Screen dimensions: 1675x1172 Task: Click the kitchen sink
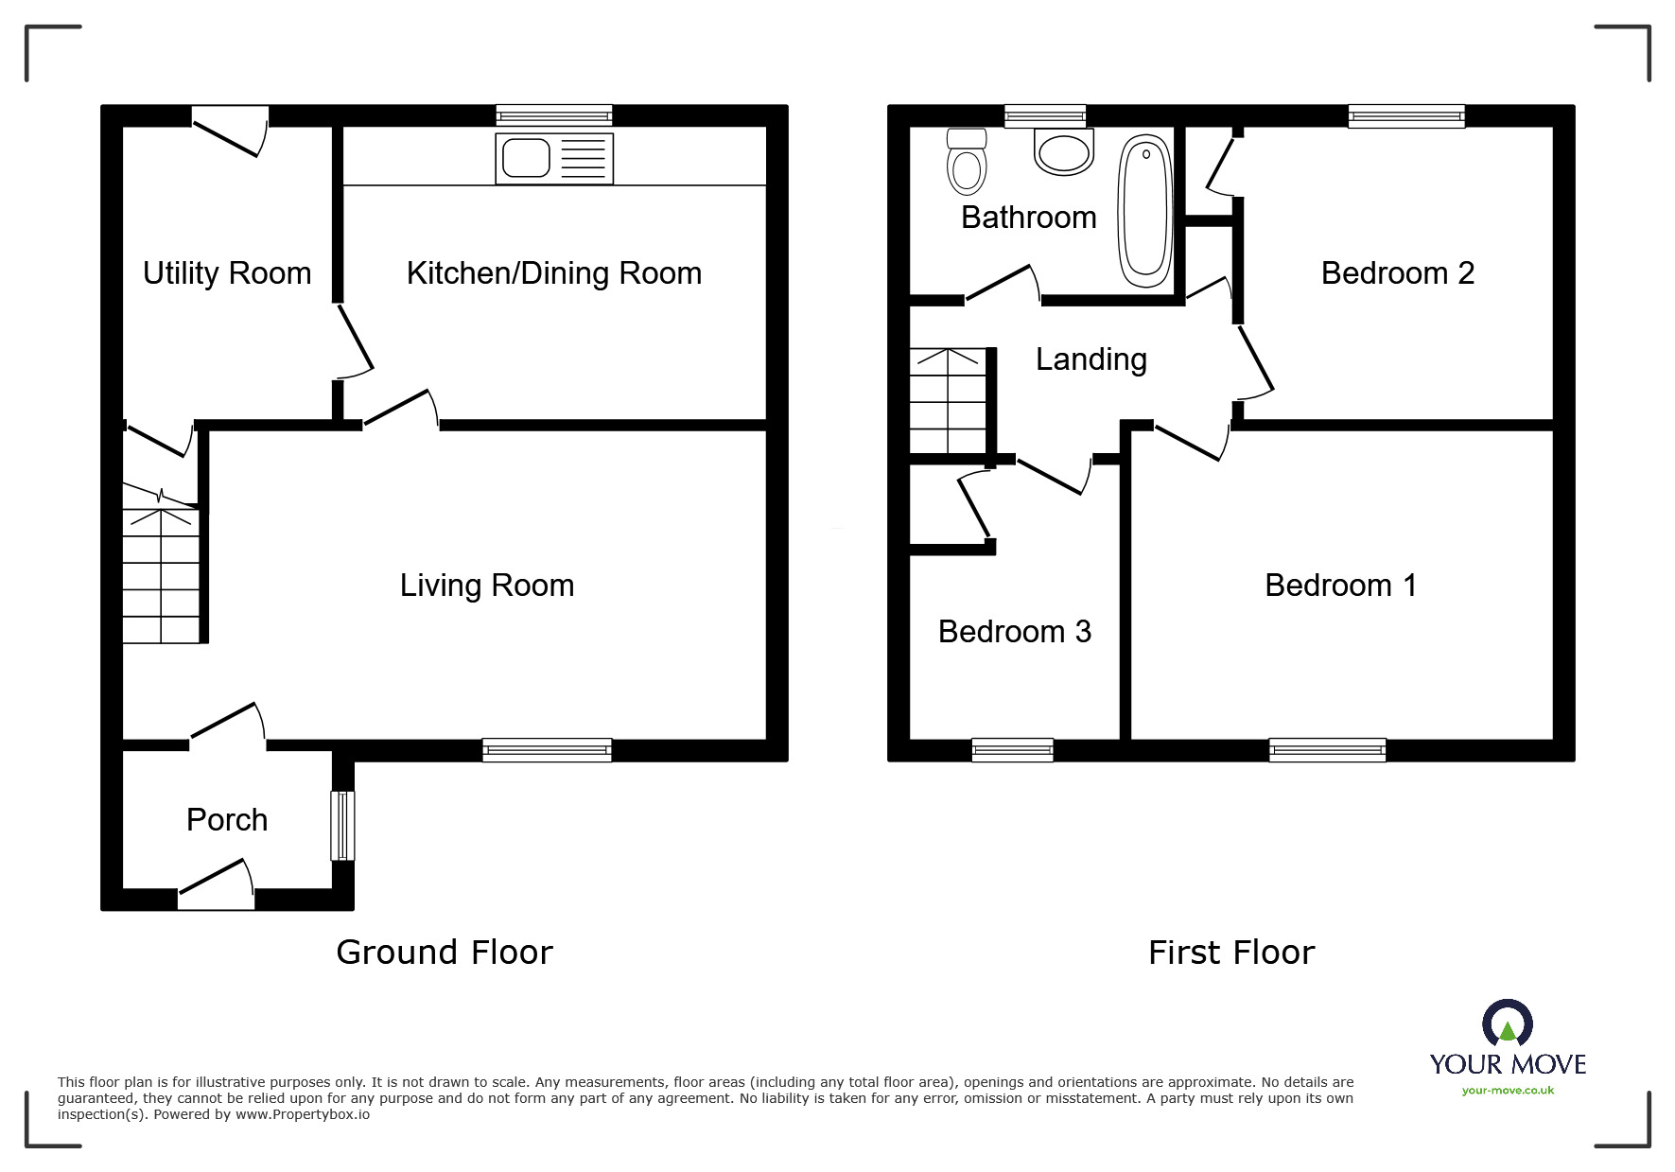pyautogui.click(x=554, y=158)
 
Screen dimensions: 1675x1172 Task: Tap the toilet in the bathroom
pyautogui.click(x=966, y=161)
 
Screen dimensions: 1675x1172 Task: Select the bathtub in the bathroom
pyautogui.click(x=1145, y=210)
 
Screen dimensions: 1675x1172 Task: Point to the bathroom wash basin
pyautogui.click(x=1064, y=151)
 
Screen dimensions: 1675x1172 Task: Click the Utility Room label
pyautogui.click(x=227, y=273)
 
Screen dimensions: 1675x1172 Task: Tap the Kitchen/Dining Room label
pyautogui.click(x=554, y=273)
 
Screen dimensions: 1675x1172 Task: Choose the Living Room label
pyautogui.click(x=487, y=586)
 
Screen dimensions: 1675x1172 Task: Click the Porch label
pyautogui.click(x=227, y=819)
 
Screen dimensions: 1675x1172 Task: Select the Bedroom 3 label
pyautogui.click(x=1015, y=631)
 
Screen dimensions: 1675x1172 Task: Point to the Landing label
pyautogui.click(x=1091, y=359)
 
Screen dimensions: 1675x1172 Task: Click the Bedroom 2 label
pyautogui.click(x=1398, y=273)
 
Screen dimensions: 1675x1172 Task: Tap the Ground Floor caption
pyautogui.click(x=445, y=953)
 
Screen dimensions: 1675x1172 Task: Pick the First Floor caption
pyautogui.click(x=1231, y=953)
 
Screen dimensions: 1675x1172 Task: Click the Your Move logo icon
pyautogui.click(x=1508, y=1023)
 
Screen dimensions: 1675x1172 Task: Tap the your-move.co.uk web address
pyautogui.click(x=1508, y=1091)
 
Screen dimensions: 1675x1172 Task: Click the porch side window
pyautogui.click(x=342, y=826)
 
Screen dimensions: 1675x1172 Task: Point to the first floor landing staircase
pyautogui.click(x=949, y=401)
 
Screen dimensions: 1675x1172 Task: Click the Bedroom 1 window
pyautogui.click(x=1328, y=750)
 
